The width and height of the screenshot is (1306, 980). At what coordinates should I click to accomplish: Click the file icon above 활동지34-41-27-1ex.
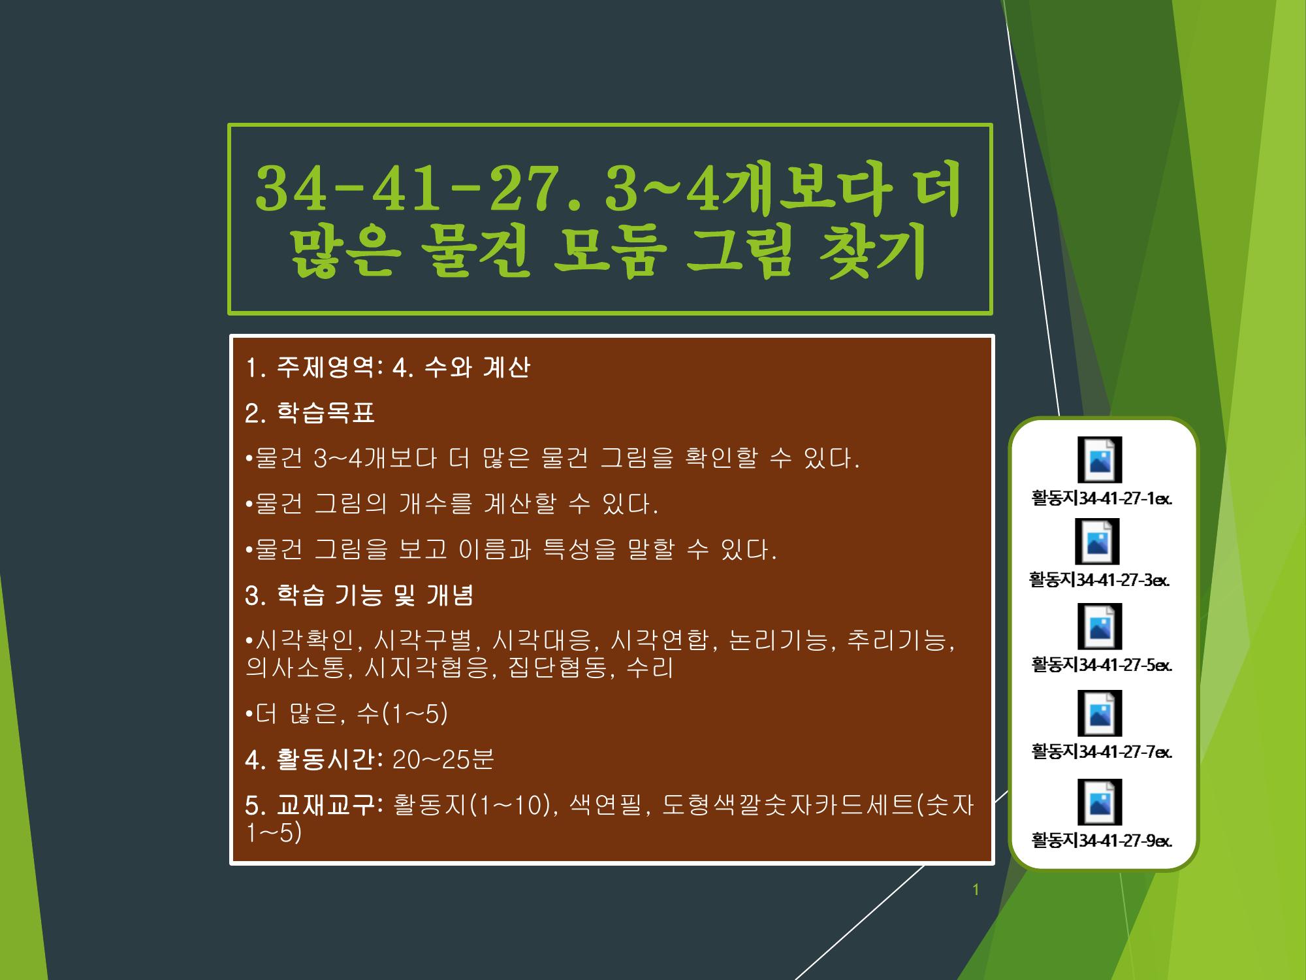(x=1100, y=460)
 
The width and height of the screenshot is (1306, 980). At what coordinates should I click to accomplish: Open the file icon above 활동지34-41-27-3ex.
(x=1098, y=542)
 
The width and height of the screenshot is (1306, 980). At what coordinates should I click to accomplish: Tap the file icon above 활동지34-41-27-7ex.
(x=1100, y=713)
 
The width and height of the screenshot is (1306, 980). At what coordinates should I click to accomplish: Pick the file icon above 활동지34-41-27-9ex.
(x=1100, y=802)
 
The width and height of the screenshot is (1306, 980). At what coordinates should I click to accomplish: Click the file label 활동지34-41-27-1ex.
(x=1102, y=498)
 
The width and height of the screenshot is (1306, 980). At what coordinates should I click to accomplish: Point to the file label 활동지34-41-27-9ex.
(x=1102, y=840)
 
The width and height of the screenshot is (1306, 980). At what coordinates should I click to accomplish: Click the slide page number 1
(x=976, y=890)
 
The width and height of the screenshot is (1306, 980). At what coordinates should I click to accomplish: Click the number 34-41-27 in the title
(x=417, y=189)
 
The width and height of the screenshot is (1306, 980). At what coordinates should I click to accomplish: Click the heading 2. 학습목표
(x=310, y=413)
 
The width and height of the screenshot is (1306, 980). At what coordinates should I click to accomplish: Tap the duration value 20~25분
(x=443, y=760)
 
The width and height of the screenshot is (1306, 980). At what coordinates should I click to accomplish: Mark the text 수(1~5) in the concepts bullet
(x=402, y=714)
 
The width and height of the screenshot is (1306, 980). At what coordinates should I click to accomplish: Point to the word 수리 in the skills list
(x=649, y=668)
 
